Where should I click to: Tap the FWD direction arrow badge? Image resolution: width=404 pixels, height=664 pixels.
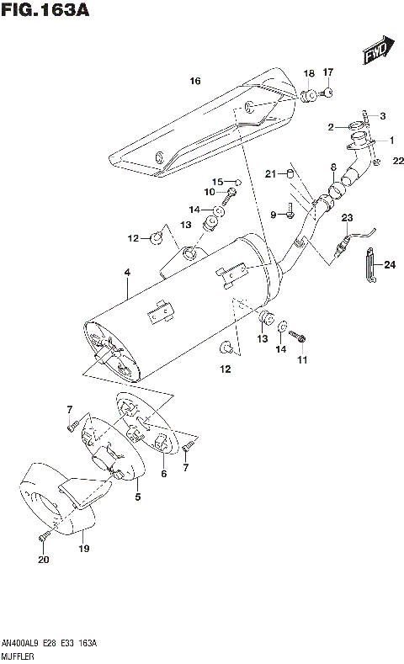[375, 53]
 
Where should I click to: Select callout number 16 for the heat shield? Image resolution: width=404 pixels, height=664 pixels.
[195, 82]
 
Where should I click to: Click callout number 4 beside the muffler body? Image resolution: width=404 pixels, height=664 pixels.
[126, 272]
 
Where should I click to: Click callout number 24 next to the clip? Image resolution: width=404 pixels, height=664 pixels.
[388, 265]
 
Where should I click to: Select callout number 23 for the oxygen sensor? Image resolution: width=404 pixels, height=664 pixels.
[346, 218]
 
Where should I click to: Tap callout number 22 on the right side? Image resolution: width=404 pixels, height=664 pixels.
[386, 150]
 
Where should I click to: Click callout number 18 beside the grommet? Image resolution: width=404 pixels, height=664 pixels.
[309, 72]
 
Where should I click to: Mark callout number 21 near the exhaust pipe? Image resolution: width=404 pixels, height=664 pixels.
[269, 174]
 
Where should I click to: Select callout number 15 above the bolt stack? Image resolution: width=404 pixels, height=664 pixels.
[216, 182]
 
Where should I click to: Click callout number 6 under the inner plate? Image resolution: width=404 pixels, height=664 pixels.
[164, 474]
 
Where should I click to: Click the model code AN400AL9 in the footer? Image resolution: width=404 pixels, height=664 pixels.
[20, 642]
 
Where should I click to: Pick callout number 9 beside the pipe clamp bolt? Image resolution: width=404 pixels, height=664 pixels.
[273, 215]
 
